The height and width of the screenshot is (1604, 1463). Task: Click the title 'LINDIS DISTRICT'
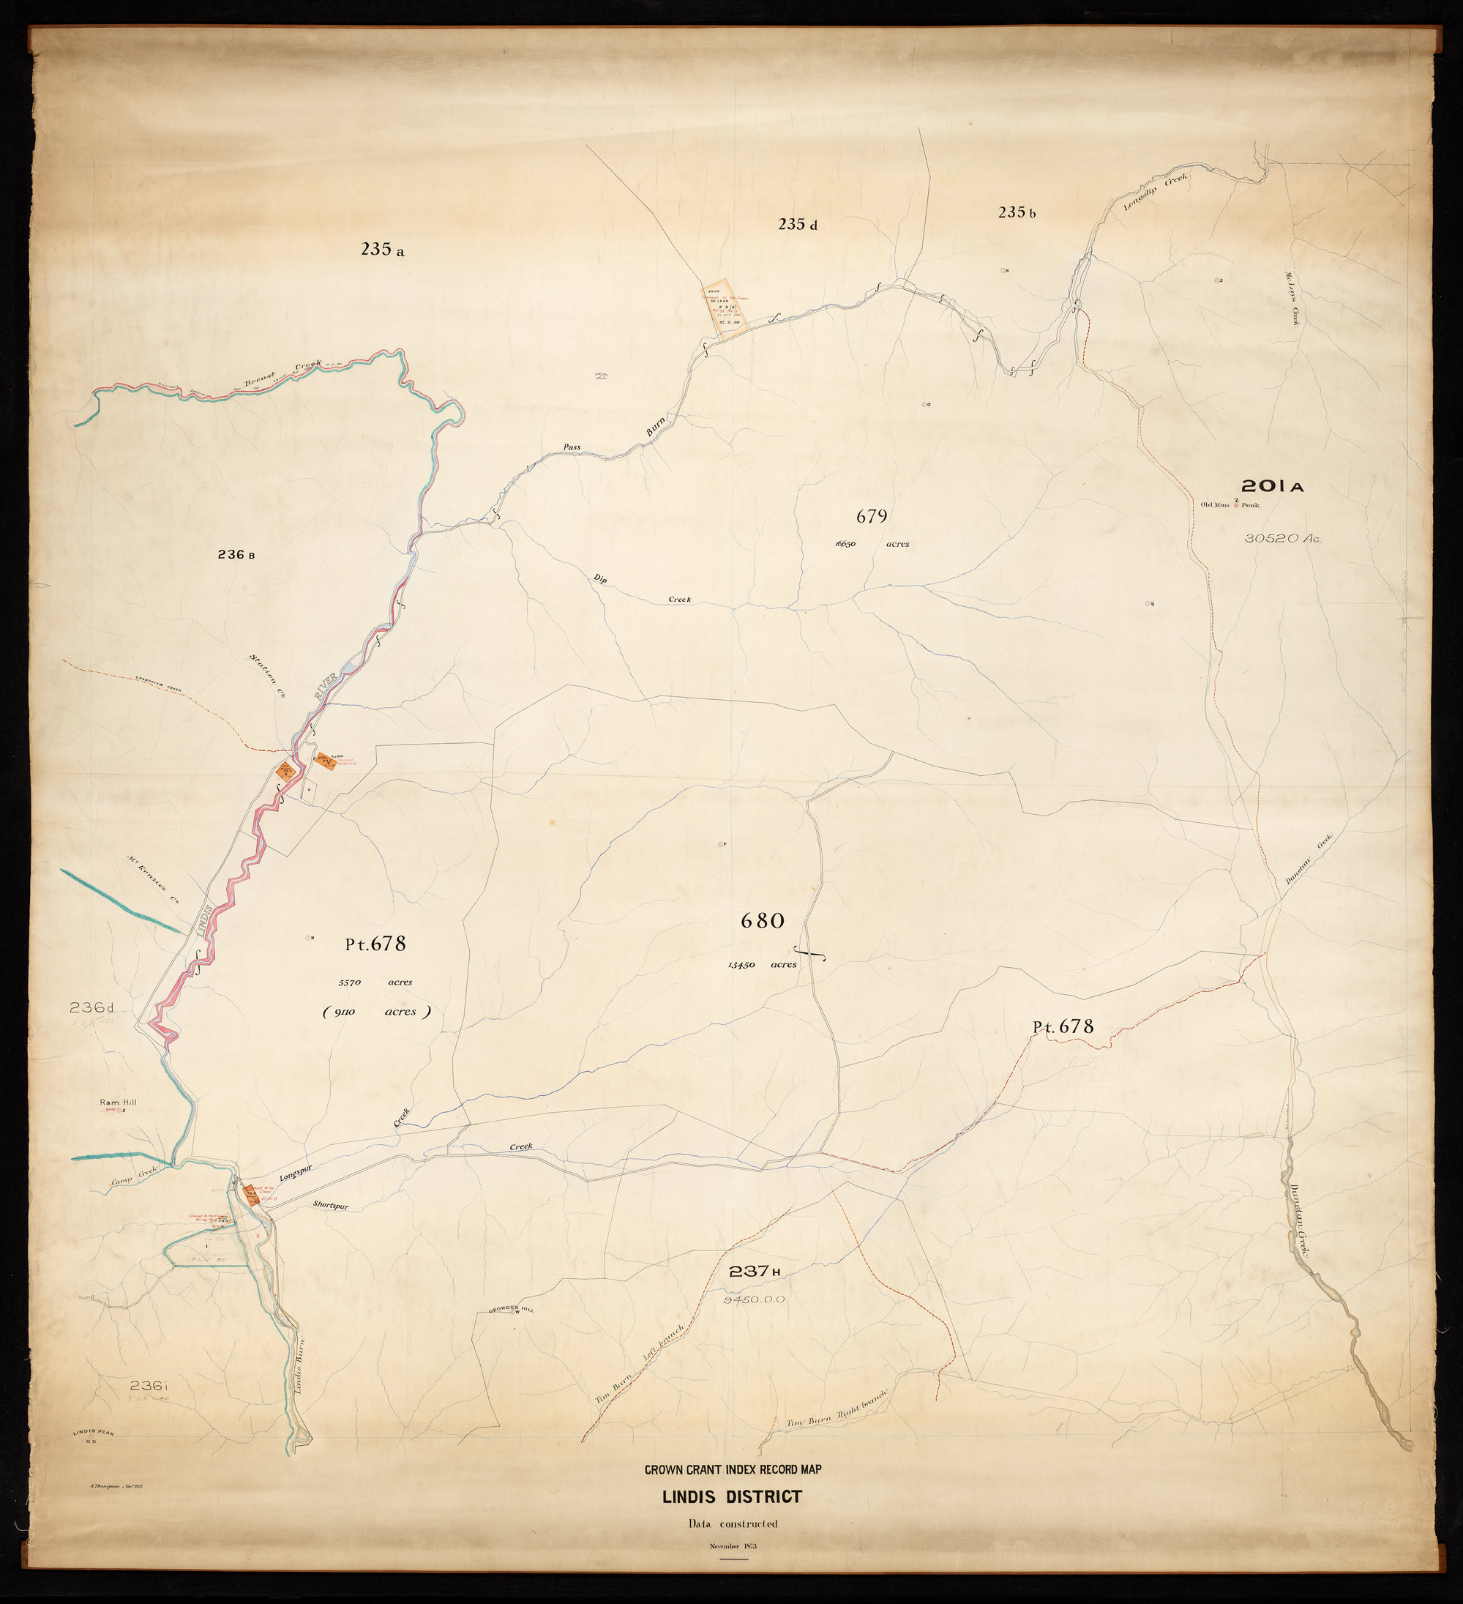click(x=733, y=1496)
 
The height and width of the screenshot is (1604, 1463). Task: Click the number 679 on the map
click(x=871, y=516)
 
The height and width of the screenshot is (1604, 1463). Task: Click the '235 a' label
click(x=382, y=250)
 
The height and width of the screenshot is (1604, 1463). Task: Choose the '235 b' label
click(x=1017, y=212)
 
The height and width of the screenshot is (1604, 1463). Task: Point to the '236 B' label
click(x=236, y=555)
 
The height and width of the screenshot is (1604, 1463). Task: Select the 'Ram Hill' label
click(x=118, y=1102)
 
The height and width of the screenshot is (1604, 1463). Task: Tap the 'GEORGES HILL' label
click(x=511, y=1308)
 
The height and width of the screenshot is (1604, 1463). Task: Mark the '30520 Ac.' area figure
click(x=1282, y=539)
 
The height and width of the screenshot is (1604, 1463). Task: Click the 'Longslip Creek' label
click(x=1154, y=192)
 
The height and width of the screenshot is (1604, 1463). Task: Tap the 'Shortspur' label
click(x=331, y=1206)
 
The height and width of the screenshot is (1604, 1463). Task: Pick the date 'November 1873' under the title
click(x=733, y=1546)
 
